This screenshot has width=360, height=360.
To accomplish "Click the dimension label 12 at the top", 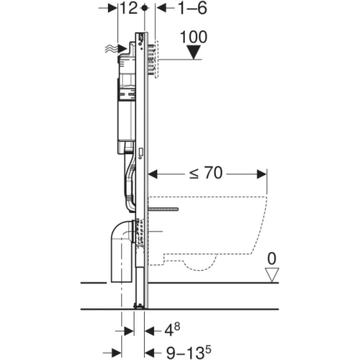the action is (128, 9).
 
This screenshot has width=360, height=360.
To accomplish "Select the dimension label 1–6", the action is (193, 9).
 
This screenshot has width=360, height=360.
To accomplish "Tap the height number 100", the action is (194, 37).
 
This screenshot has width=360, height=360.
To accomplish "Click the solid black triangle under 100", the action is (194, 52).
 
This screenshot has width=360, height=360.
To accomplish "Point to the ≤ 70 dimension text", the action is (206, 173).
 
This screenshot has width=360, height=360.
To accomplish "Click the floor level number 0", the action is (272, 259).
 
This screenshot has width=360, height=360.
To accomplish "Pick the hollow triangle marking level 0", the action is (272, 275).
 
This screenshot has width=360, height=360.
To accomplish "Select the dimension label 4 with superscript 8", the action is (172, 330).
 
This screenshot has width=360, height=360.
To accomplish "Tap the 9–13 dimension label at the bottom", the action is (189, 352).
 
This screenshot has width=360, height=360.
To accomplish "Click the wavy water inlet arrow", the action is (116, 49).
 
